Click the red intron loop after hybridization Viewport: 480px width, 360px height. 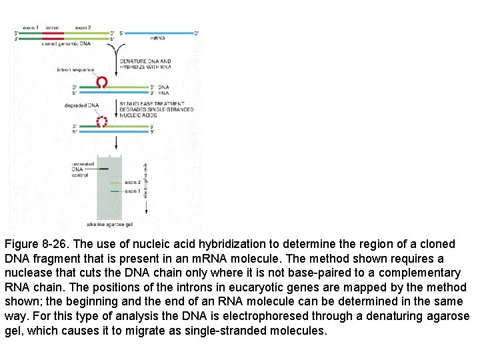(x=103, y=82)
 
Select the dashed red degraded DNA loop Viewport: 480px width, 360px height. (x=103, y=121)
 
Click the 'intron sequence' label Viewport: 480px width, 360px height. (x=75, y=69)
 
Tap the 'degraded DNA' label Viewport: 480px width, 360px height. (x=81, y=105)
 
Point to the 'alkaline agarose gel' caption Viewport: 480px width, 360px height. (x=109, y=225)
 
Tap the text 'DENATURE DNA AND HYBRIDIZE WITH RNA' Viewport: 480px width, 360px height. (x=145, y=64)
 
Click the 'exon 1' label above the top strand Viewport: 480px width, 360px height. (x=31, y=27)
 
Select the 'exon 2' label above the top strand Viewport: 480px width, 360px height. (x=84, y=27)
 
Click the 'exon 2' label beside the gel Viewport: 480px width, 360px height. (x=132, y=182)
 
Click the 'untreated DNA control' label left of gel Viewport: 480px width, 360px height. (x=83, y=169)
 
